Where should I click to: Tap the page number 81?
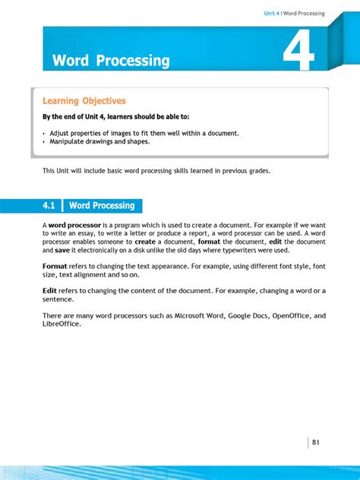(317, 442)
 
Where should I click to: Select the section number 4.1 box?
(50, 206)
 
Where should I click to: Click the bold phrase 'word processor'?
(73, 226)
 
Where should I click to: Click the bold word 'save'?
(62, 250)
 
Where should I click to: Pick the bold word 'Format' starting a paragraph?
(55, 267)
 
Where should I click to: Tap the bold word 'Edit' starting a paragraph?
(49, 291)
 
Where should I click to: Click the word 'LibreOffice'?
(62, 324)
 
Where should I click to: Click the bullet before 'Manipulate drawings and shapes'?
(44, 142)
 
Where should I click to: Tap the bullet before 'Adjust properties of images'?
(44, 134)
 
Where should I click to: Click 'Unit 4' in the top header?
(272, 14)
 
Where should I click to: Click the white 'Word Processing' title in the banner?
(111, 61)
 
